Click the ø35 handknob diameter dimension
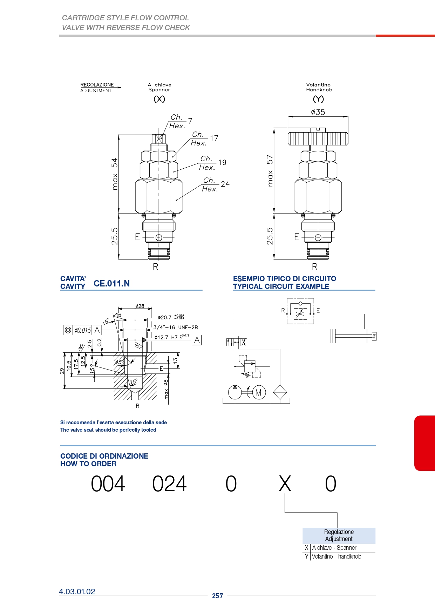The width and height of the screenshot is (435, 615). (318, 112)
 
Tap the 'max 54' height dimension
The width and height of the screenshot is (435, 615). (115, 174)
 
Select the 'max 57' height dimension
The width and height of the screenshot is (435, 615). (270, 171)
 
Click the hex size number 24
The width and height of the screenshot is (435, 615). (225, 184)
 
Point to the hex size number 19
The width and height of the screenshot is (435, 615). (222, 162)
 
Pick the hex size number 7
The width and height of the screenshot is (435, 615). (190, 121)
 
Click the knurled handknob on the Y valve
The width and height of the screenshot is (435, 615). (318, 138)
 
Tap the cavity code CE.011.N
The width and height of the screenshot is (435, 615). (111, 283)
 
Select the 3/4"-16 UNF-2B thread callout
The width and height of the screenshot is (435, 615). (176, 327)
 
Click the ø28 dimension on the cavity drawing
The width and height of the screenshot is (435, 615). (140, 306)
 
